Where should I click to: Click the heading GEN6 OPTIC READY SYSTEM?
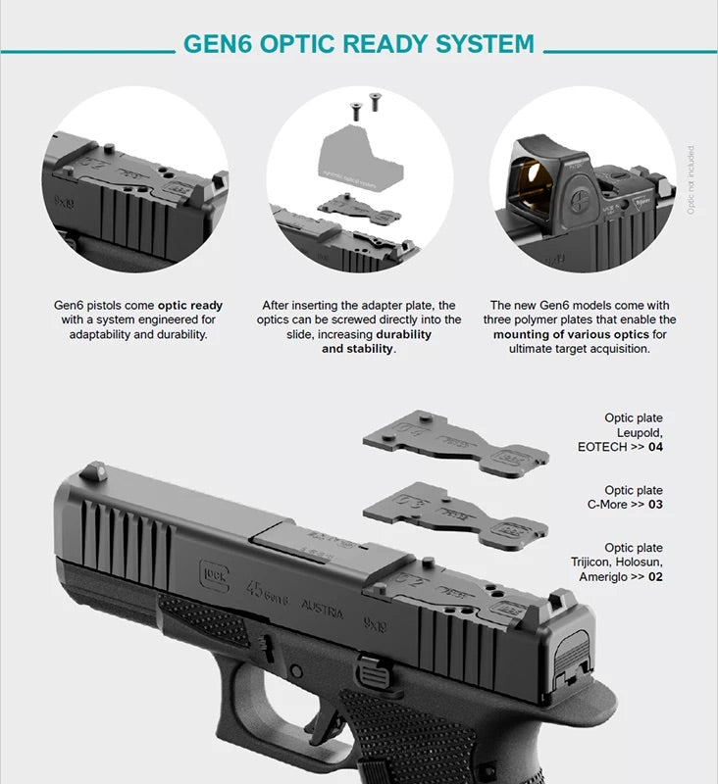point(359,45)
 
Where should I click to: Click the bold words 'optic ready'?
point(190,306)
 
